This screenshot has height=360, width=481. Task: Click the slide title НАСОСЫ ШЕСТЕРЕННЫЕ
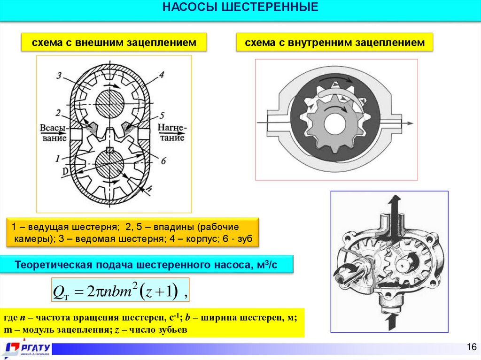tap(240, 8)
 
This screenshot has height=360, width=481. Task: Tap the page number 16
tap(471, 347)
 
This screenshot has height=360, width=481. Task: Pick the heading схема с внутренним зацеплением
tap(334, 43)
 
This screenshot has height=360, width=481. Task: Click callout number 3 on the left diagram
tap(58, 75)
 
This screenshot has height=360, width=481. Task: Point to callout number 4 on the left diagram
tap(161, 74)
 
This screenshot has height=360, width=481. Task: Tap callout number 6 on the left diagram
tap(163, 161)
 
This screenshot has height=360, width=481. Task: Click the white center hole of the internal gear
tap(334, 123)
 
